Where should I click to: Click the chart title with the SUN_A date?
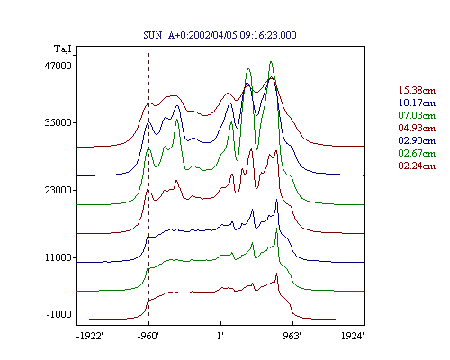coord(220,35)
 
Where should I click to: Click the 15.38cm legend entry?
coord(417,90)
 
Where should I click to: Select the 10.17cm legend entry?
coord(417,103)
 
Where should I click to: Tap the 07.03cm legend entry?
coord(417,115)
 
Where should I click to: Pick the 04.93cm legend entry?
coord(417,128)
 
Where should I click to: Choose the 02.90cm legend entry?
coord(417,140)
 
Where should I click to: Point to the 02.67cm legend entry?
coord(417,153)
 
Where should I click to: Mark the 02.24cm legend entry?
coord(417,166)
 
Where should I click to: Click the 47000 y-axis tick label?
coord(58,66)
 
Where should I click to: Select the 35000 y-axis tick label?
coord(58,122)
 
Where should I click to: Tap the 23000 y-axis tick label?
coord(58,190)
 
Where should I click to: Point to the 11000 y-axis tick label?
coord(58,257)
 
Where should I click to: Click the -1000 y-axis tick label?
coord(59,314)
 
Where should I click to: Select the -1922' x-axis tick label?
coord(90,336)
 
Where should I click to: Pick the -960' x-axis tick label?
coord(148,336)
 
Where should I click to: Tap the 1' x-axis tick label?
coord(220,336)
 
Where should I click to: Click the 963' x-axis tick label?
coord(292,336)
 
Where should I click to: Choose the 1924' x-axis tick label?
coord(353,336)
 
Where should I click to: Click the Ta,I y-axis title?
coord(63,49)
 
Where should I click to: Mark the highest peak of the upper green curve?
coord(271,62)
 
